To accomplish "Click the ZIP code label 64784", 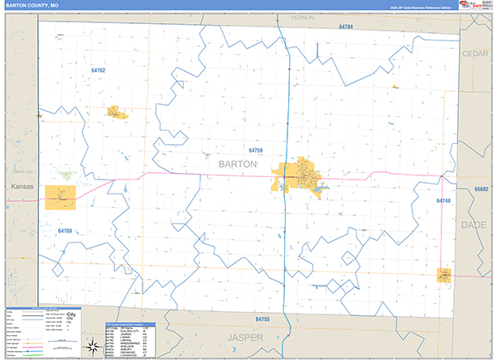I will [346, 27].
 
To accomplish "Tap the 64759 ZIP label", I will [255, 150].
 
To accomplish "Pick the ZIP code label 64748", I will [444, 201].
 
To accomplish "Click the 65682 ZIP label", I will [481, 189].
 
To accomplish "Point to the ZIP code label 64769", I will [65, 231].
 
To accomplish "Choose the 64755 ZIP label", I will [263, 319].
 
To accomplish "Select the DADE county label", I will [475, 223].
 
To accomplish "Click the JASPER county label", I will [245, 338].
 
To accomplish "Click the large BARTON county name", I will [238, 164].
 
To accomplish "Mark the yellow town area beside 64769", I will [60, 196].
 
